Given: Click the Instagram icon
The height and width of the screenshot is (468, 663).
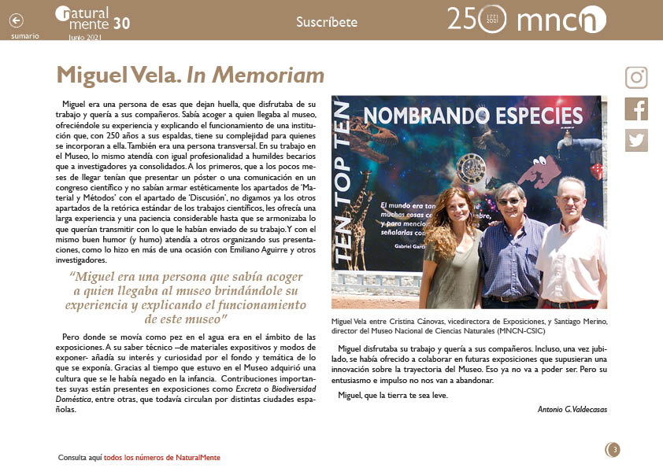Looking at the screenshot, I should click(636, 78).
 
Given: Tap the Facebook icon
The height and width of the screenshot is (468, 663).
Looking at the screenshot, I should click(636, 109).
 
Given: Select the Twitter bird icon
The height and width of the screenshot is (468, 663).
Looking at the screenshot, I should click(636, 139).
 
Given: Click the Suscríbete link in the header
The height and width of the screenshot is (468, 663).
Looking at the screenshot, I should click(326, 22).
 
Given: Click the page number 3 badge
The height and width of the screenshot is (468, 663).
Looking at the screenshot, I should click(613, 450).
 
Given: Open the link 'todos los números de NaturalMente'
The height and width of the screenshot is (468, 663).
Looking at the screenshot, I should click(161, 457).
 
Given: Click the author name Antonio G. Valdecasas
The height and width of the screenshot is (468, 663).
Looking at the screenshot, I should click(572, 409).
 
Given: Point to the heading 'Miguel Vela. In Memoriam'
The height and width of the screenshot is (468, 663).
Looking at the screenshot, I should click(190, 76).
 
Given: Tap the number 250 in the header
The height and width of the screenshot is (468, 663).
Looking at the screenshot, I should click(465, 19).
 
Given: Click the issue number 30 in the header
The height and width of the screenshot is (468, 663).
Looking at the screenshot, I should click(121, 24).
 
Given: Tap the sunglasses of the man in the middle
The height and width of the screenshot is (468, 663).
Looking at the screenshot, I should click(509, 201).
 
